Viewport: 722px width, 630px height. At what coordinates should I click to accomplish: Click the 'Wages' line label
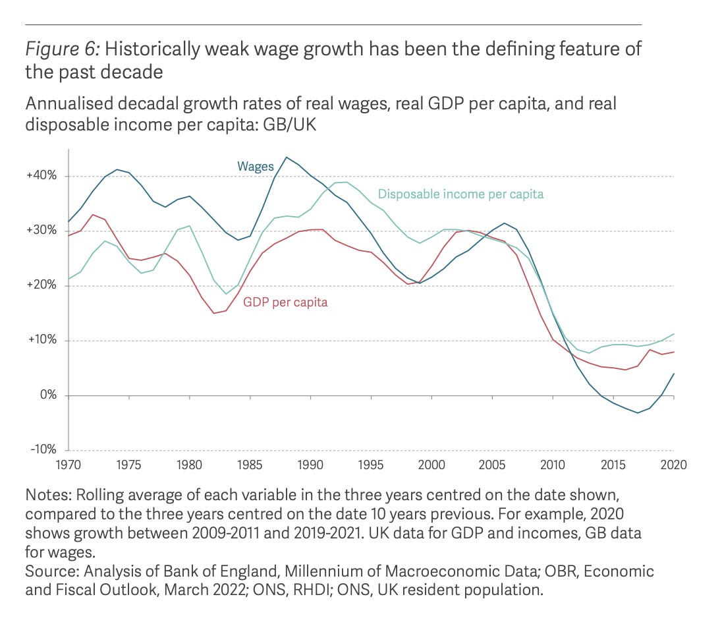255,166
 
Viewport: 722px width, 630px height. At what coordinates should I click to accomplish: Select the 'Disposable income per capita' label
460,194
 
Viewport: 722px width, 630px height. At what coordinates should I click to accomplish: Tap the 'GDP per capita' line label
285,302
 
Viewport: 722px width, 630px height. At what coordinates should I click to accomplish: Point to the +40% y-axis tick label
42,176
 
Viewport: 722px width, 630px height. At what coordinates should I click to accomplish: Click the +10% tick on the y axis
42,341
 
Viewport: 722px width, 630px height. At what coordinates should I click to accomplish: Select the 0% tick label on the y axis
47,395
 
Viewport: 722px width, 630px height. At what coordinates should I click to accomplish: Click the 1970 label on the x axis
69,465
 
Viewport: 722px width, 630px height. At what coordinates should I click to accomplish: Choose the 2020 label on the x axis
673,465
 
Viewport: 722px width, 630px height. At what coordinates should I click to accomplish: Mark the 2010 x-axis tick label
553,465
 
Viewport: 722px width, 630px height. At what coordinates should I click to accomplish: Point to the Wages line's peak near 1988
287,157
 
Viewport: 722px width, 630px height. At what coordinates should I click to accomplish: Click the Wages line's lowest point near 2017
637,413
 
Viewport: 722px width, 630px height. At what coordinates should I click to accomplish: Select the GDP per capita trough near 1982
214,313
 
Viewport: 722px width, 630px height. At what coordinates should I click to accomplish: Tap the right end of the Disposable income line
673,333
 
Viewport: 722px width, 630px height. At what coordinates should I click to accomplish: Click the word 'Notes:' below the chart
46,494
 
